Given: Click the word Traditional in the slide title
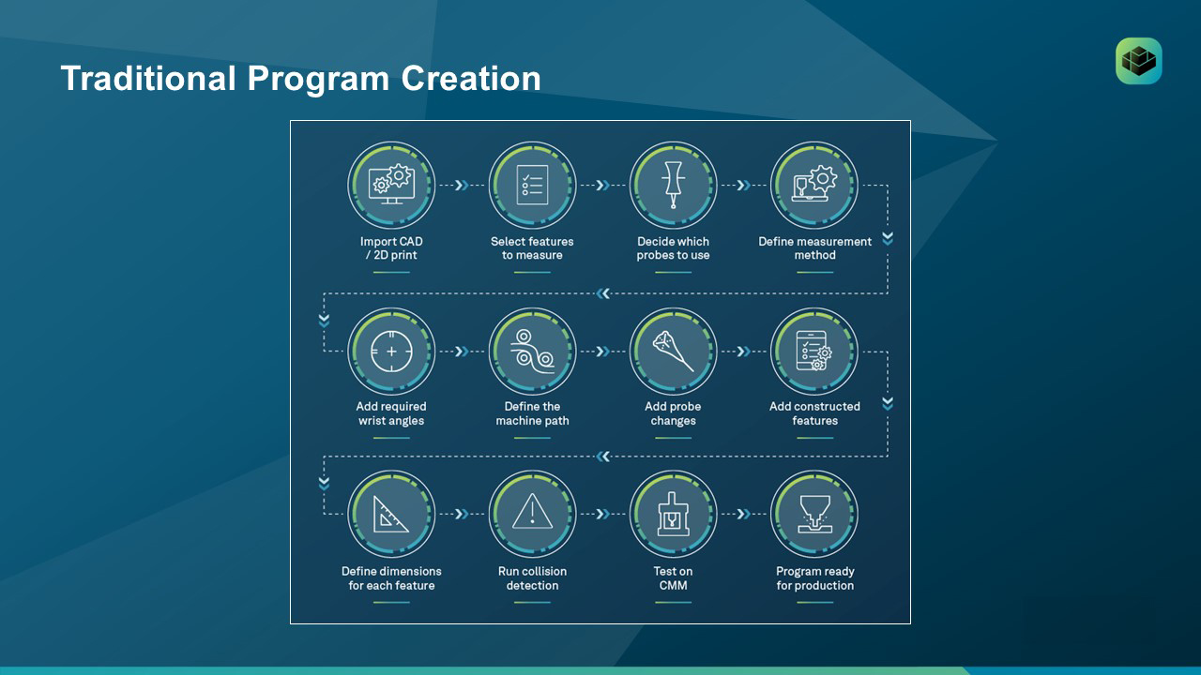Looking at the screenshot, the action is (148, 78).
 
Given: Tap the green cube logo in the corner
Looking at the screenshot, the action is (1139, 61).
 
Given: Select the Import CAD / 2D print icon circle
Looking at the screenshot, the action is (391, 186).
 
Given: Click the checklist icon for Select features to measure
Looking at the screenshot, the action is (532, 185).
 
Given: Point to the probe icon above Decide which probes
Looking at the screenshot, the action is (673, 185).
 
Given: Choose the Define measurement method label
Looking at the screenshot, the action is (815, 248).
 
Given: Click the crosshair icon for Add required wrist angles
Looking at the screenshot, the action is (391, 352).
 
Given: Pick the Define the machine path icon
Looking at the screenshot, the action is (532, 352).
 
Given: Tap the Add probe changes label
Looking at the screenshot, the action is (673, 413).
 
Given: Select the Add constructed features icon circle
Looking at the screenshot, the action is (814, 352).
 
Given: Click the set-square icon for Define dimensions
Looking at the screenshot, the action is (389, 515).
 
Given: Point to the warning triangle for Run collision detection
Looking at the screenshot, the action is (532, 512).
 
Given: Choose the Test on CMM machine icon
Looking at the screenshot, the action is (673, 514).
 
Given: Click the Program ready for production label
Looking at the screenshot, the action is (815, 578).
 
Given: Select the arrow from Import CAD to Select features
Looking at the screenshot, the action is (462, 186).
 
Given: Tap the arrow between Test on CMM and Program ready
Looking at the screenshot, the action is (744, 515).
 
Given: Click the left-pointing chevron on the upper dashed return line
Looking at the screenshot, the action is (603, 293).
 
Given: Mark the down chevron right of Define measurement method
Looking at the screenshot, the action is (888, 238).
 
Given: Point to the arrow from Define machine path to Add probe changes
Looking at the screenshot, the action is (603, 352).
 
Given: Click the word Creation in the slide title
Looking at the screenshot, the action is (471, 78).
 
